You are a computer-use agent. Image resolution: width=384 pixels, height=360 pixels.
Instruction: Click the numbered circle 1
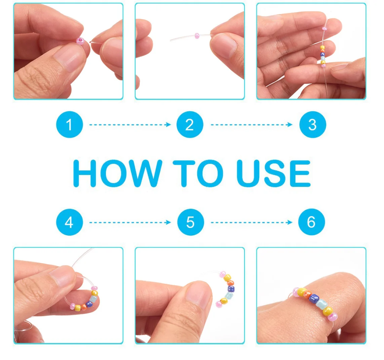70,124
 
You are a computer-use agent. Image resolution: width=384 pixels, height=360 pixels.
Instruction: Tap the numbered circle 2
190,124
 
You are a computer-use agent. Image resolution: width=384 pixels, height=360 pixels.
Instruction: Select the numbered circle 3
313,124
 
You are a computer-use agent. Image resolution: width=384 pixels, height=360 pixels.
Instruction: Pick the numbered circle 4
70,222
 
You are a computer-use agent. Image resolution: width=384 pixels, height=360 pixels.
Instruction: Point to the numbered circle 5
191,222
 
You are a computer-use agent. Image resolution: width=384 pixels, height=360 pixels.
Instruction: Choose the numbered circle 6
311,222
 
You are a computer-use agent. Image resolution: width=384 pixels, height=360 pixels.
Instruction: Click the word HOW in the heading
118,173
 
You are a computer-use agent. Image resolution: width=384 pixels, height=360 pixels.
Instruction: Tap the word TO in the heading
198,173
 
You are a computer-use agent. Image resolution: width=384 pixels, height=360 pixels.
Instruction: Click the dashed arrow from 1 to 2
130,125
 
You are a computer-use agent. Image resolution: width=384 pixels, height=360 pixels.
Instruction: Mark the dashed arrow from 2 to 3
252,125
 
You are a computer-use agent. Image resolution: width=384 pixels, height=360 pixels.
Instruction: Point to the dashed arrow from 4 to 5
130,222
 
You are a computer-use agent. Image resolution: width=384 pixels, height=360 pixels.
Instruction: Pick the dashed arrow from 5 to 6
252,222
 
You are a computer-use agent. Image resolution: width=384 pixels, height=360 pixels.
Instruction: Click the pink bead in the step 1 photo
80,40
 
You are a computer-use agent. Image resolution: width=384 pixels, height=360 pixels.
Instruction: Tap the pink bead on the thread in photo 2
197,36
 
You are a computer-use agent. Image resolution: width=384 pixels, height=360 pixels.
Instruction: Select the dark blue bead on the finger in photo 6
314,298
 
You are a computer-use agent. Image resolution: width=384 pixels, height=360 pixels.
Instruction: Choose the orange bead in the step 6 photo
307,294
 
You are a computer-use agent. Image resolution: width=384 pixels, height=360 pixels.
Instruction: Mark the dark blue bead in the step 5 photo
231,289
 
